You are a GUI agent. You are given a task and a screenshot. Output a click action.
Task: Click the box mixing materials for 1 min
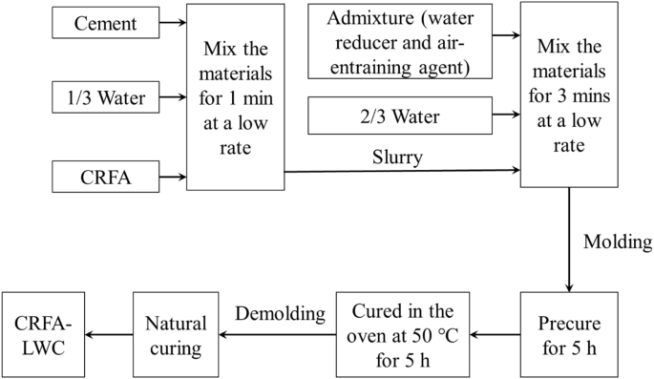point(235,96)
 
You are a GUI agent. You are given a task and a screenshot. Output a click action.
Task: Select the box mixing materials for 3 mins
point(569,95)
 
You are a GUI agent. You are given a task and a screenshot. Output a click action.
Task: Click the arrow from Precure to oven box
point(496,334)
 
